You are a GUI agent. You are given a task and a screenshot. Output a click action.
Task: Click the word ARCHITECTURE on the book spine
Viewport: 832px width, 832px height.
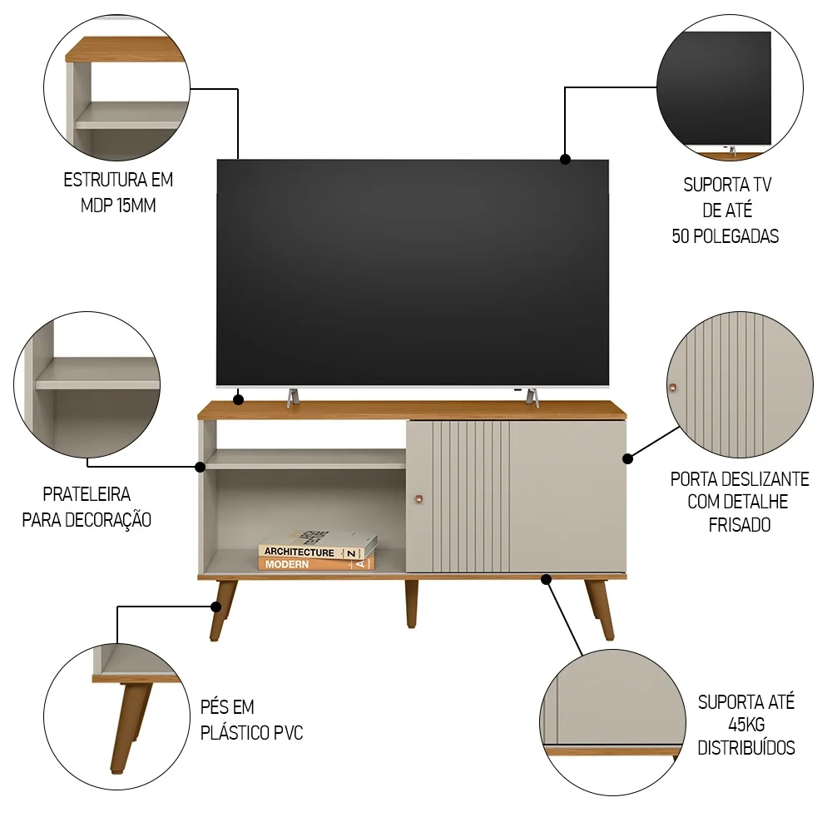coord(299,552)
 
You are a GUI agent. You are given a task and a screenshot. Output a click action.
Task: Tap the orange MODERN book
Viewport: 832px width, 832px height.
coord(316,563)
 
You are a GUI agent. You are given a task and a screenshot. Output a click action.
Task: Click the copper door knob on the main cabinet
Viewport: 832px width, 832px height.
coord(418,498)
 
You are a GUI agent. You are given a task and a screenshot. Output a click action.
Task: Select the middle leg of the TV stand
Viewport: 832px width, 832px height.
coord(411,603)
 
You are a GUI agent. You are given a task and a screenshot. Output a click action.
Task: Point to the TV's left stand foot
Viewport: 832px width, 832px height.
coord(293,398)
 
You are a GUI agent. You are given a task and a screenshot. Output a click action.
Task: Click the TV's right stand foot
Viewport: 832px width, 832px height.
coord(532,398)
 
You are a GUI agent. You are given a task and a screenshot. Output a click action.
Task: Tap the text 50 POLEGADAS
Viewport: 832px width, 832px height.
coord(726,236)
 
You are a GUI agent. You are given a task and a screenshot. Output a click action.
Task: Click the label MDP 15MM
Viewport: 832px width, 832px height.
coord(118,206)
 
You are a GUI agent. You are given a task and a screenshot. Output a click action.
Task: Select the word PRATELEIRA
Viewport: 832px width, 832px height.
coord(87,494)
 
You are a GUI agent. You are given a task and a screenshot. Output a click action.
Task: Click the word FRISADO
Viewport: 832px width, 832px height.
coord(740,525)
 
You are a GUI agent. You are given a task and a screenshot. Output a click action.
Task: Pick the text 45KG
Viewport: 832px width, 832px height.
coord(746,725)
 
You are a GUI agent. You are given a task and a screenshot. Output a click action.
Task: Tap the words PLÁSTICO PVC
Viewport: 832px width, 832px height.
coord(251,733)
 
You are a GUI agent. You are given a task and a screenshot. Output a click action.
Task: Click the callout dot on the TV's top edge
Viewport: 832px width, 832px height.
coord(566,159)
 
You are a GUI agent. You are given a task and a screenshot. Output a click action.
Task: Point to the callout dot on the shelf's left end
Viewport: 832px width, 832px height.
coord(200,467)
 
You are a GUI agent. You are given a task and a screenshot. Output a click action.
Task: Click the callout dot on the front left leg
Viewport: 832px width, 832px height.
coord(216,607)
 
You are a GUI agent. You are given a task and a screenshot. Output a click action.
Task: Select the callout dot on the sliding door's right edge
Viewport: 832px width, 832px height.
coord(627,458)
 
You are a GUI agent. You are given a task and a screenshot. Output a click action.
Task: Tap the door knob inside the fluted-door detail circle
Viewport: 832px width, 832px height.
coord(673,388)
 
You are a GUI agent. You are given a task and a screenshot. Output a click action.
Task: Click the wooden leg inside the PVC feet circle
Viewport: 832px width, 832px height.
coord(131,726)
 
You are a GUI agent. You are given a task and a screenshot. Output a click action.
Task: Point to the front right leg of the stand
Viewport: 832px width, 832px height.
coord(600,610)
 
